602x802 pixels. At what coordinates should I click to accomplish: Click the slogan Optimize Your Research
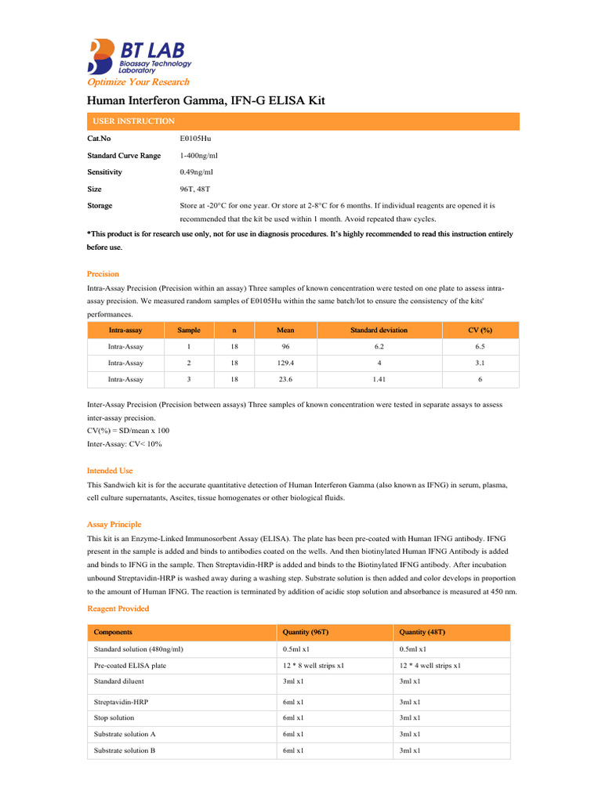pos(138,82)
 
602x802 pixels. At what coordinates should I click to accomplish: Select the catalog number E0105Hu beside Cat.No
pos(196,139)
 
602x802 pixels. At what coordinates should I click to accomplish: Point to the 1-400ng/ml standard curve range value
pos(199,156)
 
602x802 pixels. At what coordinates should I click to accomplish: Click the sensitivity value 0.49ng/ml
pos(196,172)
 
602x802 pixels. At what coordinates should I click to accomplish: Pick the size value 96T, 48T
pos(195,189)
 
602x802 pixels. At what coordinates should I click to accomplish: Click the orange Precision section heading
pos(103,274)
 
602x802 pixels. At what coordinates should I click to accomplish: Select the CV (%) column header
pos(480,331)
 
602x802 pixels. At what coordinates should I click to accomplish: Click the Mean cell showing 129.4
pos(285,363)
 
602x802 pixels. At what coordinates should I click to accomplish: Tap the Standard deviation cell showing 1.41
pos(379,379)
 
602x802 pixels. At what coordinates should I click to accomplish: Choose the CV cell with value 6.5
pos(480,346)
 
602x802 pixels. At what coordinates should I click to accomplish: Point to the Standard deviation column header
pos(379,331)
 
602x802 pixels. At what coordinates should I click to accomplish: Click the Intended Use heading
pos(110,471)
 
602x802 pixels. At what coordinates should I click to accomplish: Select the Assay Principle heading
pos(114,525)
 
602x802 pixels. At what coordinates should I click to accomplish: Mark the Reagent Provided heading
pos(118,609)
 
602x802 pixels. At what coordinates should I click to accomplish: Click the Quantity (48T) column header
pos(422,632)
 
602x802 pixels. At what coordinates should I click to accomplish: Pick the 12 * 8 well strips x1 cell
pos(314,666)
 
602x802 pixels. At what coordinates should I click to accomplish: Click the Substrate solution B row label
pos(125,750)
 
